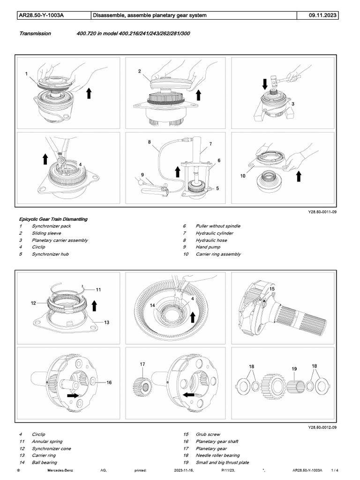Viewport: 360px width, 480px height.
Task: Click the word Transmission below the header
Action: pyautogui.click(x=35, y=34)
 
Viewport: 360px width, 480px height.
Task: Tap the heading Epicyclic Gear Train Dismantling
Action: pyautogui.click(x=53, y=219)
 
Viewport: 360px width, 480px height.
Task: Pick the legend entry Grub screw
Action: pyautogui.click(x=208, y=435)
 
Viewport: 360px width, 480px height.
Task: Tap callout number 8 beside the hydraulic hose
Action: pyautogui.click(x=149, y=141)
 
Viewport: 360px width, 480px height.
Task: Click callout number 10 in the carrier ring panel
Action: pyautogui.click(x=243, y=176)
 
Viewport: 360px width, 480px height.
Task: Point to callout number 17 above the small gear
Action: pyautogui.click(x=142, y=364)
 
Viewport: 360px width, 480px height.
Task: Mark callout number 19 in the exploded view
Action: pyautogui.click(x=294, y=369)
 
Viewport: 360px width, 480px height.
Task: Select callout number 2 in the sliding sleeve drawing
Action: pyautogui.click(x=140, y=71)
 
